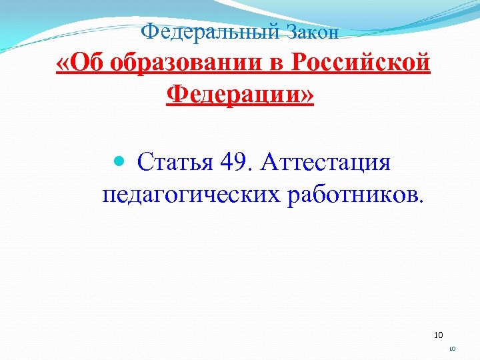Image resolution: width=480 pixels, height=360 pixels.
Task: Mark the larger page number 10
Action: [438, 335]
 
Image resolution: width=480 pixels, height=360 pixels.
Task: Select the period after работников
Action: [419, 199]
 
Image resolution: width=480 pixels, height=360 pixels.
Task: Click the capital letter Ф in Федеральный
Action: [151, 31]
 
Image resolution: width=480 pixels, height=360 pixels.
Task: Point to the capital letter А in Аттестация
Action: [273, 162]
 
